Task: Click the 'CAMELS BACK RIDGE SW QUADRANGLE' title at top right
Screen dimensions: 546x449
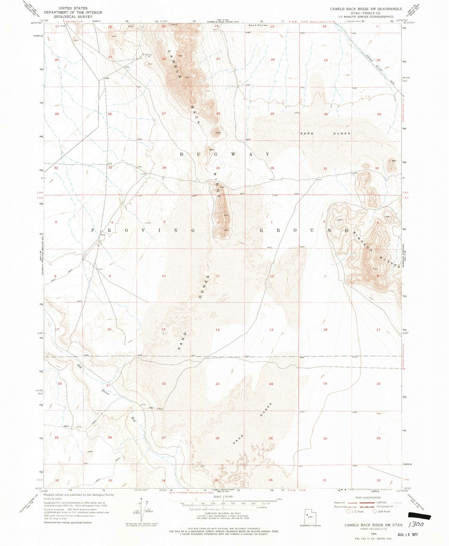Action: [366, 9]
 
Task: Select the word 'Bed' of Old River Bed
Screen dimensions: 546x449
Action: [134, 419]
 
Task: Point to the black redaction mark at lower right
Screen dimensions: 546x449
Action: [419, 515]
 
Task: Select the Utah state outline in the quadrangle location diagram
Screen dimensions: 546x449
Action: [310, 516]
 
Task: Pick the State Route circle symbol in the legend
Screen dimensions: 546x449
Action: [374, 512]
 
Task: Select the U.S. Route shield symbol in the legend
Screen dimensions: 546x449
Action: [348, 512]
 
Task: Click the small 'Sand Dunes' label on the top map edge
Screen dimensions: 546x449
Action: [257, 25]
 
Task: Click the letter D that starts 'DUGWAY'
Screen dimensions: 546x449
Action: [181, 154]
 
